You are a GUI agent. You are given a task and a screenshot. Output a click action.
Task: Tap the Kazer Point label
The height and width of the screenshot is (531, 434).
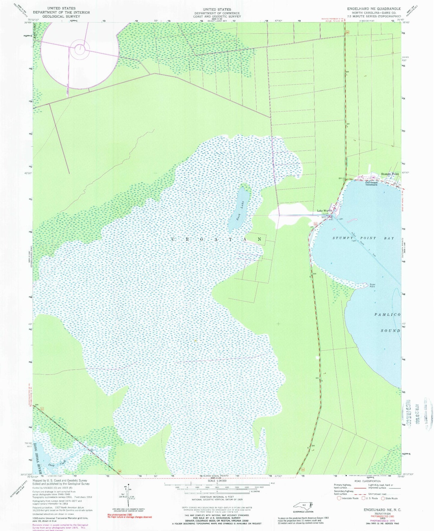(x=372, y=285)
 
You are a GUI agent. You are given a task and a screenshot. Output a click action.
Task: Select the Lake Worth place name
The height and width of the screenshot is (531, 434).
(x=324, y=211)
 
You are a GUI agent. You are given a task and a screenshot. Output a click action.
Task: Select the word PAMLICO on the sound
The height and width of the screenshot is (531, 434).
(x=387, y=315)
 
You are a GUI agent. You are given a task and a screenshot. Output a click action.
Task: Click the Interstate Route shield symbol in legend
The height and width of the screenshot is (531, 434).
(x=339, y=498)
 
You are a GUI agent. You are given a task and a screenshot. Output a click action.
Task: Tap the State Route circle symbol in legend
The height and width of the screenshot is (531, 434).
(x=383, y=498)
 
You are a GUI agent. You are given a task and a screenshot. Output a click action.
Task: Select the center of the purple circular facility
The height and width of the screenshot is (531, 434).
(x=80, y=49)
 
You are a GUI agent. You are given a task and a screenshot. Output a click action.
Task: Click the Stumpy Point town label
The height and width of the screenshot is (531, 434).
(x=390, y=174)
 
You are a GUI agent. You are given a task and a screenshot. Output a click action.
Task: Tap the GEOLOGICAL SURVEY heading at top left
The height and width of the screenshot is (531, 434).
(x=61, y=16)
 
